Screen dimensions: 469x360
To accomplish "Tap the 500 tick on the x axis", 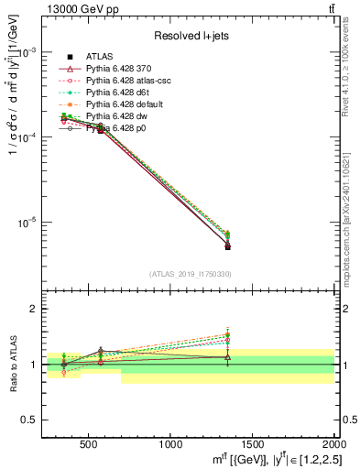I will pyautogui.click(x=89, y=444).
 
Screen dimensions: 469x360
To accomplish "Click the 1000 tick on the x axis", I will pyautogui.click(x=170, y=444).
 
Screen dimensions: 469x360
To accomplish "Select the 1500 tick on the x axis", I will pyautogui.click(x=253, y=444).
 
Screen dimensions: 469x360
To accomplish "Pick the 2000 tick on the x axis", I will pyautogui.click(x=333, y=444).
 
